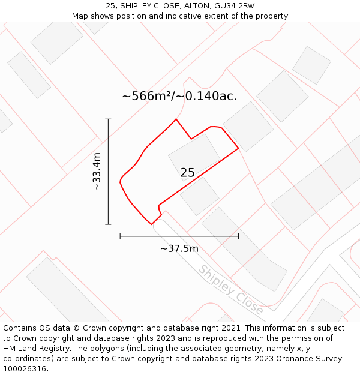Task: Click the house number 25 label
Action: click(x=187, y=173)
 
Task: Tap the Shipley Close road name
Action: click(x=231, y=290)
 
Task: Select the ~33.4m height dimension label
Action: click(x=97, y=172)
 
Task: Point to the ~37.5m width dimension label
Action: click(x=179, y=248)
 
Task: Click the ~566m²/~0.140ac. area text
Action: click(x=179, y=96)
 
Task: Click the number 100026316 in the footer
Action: click(x=25, y=368)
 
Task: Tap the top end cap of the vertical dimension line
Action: click(x=108, y=119)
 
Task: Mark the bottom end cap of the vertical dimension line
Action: click(x=108, y=224)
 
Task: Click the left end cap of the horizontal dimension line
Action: click(x=120, y=236)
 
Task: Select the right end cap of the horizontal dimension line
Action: click(x=238, y=236)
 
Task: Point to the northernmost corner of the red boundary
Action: click(x=176, y=119)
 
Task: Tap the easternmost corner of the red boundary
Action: click(x=238, y=148)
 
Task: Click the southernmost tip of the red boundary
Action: click(x=151, y=224)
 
